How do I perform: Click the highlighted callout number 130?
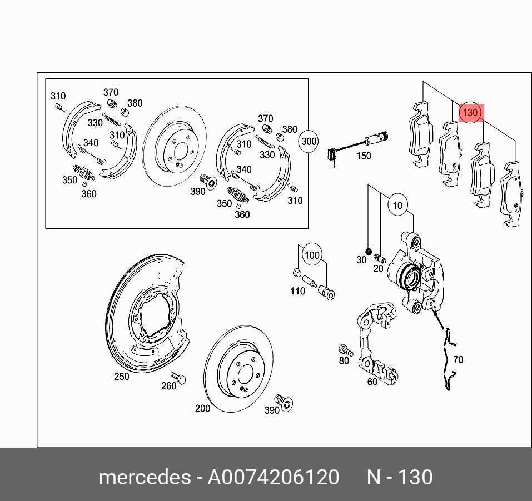(470, 113)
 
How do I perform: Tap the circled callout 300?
(309, 142)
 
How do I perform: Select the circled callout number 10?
(397, 206)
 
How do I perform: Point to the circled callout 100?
(312, 255)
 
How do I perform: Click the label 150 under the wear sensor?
(363, 156)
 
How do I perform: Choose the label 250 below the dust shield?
(121, 377)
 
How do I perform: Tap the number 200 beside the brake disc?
(202, 408)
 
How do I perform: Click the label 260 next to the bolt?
(168, 386)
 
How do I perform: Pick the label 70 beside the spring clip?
(458, 360)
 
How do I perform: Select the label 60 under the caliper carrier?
(372, 382)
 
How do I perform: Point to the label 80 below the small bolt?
(344, 361)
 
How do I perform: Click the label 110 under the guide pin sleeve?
(297, 291)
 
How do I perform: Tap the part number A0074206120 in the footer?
(273, 478)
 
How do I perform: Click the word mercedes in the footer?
(143, 478)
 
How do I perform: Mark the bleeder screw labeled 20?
(381, 258)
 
